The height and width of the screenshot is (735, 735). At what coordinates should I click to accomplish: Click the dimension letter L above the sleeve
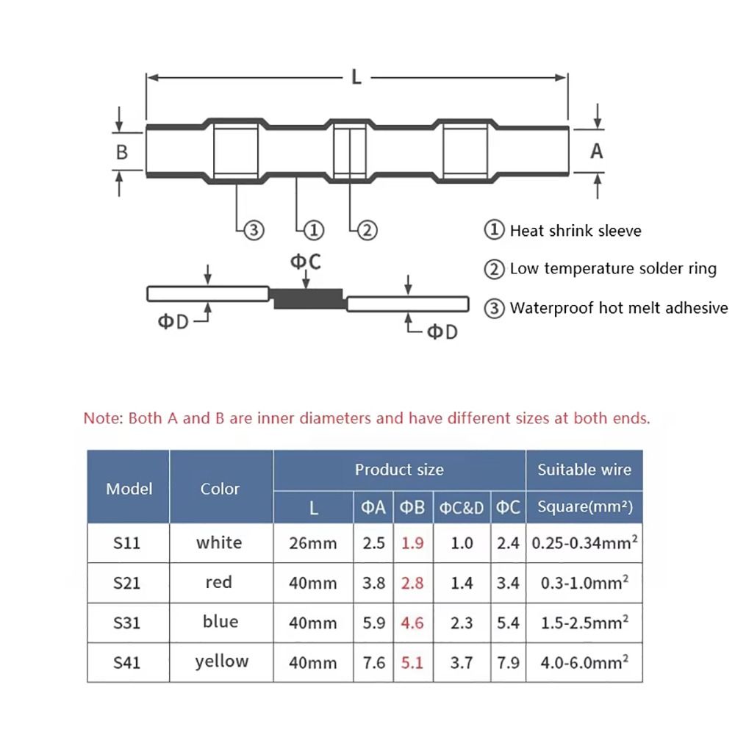356,76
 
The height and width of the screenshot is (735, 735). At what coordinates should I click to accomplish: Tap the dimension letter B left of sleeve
122,152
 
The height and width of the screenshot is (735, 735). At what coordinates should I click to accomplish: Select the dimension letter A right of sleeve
597,151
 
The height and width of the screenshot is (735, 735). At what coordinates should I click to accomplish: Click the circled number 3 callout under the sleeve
252,230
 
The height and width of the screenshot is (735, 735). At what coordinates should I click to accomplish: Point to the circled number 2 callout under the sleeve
367,230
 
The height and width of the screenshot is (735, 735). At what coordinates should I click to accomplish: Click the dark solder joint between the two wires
308,298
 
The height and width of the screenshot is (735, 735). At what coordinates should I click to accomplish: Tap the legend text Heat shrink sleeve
575,231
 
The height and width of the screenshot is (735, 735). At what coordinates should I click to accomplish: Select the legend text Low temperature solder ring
612,269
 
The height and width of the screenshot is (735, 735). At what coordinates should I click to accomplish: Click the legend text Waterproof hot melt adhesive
618,308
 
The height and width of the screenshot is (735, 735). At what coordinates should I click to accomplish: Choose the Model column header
129,489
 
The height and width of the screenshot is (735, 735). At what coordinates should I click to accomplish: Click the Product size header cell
399,470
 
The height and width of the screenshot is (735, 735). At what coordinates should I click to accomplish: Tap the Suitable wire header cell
584,470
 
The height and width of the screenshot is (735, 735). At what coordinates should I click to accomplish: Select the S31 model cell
126,623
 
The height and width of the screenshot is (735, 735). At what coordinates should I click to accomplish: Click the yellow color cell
221,661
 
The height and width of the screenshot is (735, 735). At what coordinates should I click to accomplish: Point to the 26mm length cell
312,544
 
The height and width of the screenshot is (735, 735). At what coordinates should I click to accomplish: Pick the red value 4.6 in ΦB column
412,623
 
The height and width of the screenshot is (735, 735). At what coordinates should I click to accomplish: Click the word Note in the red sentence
102,419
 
